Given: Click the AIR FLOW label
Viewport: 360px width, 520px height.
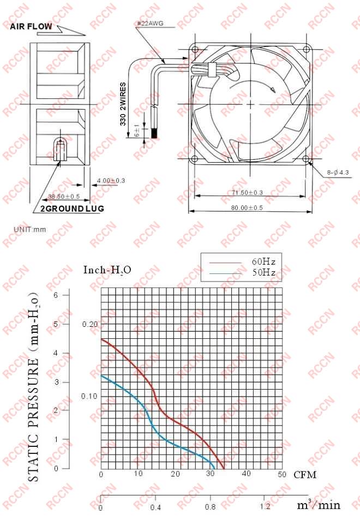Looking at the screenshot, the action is point(31,26).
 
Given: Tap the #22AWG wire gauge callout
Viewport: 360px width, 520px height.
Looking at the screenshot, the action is point(150,23).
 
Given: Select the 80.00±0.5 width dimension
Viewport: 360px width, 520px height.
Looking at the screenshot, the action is point(247,207).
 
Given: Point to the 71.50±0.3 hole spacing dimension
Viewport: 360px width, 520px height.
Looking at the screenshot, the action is point(247,193).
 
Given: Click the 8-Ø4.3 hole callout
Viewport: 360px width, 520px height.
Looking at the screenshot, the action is point(338,172).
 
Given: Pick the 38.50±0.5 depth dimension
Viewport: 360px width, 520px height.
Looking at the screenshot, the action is point(64,196).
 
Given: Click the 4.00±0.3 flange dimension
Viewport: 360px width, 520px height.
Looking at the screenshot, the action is point(111,181).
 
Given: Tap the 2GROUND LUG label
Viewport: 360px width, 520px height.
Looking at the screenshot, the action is point(72,208).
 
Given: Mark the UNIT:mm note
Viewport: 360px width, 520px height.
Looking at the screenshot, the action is point(30,229).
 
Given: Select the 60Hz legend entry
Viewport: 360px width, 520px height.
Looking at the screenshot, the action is point(263,262).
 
